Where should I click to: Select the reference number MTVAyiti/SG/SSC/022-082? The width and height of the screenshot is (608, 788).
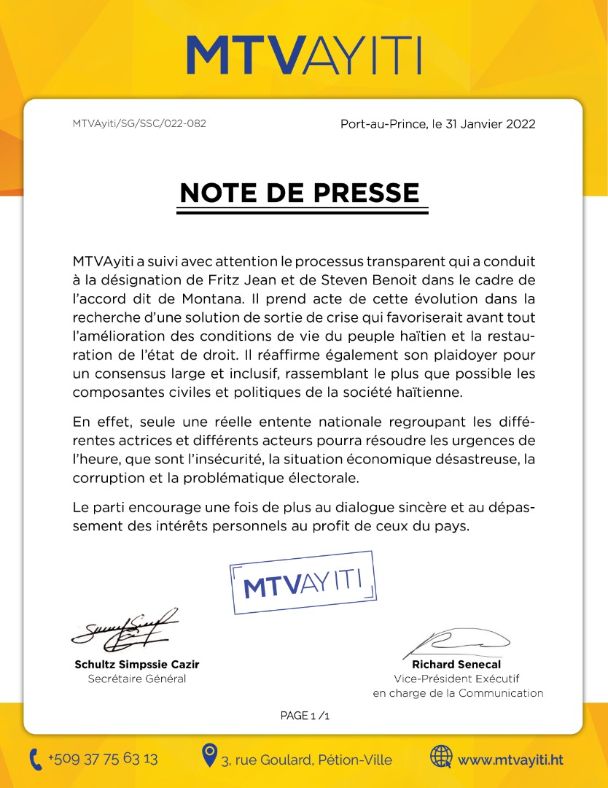point(139,123)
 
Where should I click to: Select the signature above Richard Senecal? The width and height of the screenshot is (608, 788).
point(456,643)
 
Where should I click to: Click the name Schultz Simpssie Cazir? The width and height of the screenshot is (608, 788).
point(136,665)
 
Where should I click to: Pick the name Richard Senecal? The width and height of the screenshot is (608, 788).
point(456,665)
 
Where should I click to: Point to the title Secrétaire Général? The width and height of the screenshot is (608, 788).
point(136,679)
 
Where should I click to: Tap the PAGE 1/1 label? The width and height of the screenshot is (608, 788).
point(305,716)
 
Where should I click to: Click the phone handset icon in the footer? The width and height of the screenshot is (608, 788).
point(36,760)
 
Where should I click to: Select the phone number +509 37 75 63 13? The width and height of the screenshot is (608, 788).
point(103,759)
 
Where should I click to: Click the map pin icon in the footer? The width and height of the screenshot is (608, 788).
point(209,754)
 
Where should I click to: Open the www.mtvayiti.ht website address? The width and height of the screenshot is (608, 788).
point(510,760)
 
